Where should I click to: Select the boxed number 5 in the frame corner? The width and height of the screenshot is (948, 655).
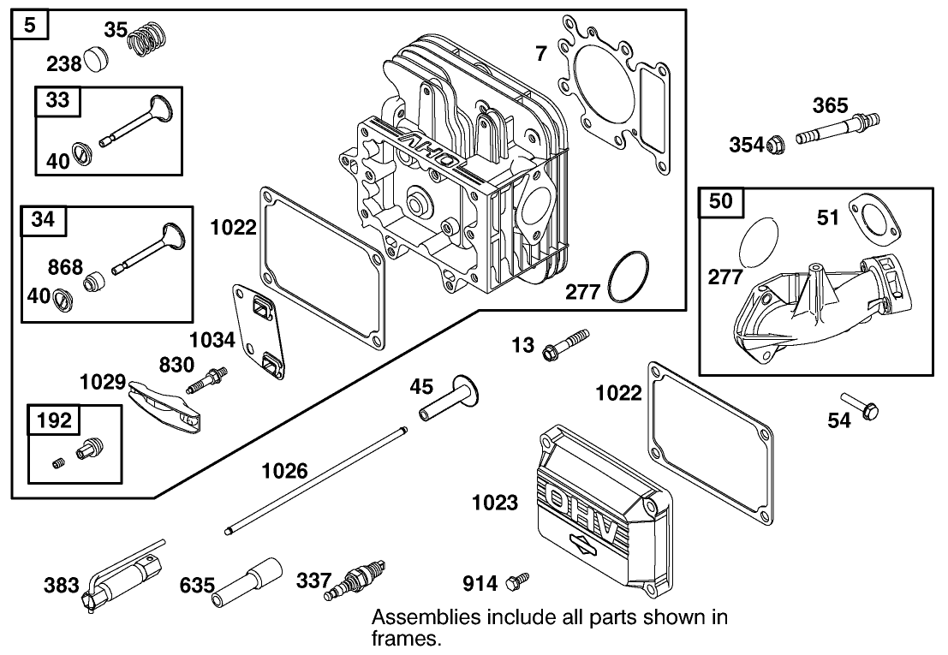tap(30, 26)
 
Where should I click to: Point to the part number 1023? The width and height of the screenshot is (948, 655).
tap(495, 503)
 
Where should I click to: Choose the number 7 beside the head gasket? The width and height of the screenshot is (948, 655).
tap(540, 54)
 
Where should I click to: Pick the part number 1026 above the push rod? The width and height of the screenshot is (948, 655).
tap(285, 470)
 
